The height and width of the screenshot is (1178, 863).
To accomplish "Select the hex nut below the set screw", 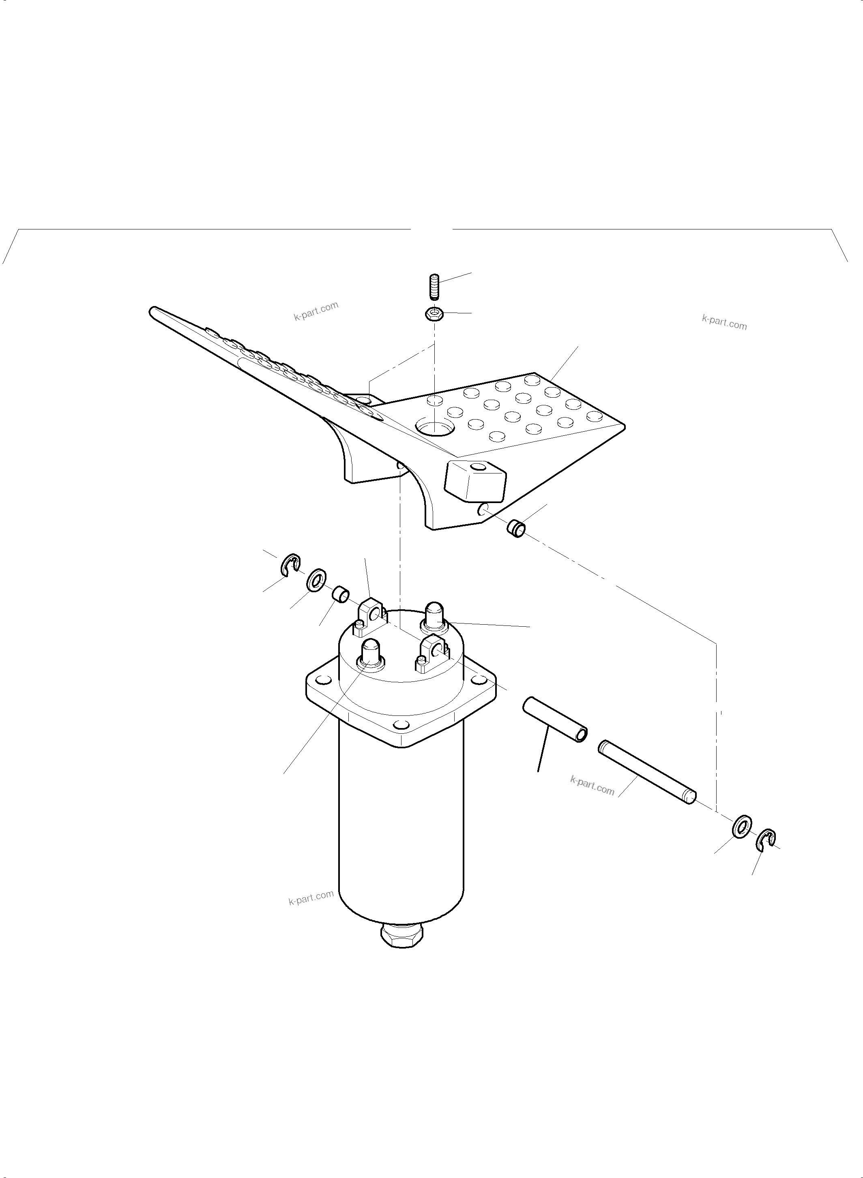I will pyautogui.click(x=434, y=314).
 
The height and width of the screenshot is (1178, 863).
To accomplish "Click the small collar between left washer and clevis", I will pyautogui.click(x=341, y=594).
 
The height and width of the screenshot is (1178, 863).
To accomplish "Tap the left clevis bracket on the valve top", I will pyautogui.click(x=372, y=616).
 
